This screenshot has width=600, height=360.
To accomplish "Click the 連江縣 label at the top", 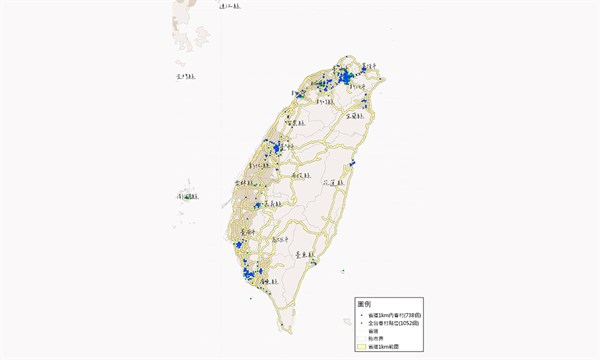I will [230, 6].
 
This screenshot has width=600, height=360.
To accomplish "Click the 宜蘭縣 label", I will [357, 116].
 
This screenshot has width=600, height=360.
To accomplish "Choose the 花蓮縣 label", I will [333, 184].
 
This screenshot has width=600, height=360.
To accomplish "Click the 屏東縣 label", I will [264, 282].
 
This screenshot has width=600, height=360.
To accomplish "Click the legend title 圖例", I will [365, 303].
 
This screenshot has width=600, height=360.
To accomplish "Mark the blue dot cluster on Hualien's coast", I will [353, 164].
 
